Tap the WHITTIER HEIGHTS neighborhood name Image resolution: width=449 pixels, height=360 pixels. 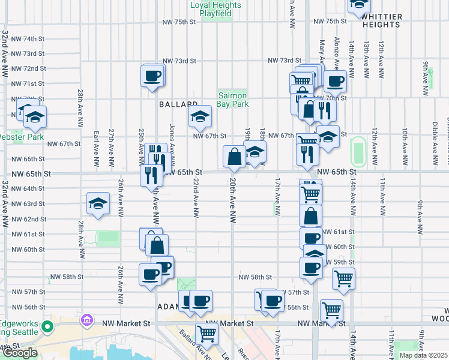[381, 20]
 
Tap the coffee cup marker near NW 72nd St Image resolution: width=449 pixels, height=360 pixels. [152, 76]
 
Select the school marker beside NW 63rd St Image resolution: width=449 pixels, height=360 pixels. [98, 204]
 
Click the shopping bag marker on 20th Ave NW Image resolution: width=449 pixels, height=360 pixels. [234, 157]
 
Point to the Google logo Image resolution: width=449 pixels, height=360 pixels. [20, 353]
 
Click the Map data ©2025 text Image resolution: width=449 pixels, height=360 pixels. [423, 355]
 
